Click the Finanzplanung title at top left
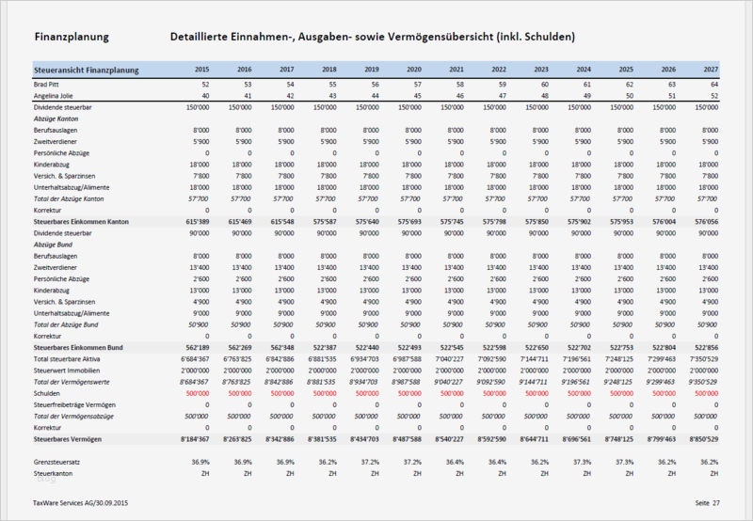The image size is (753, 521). pyautogui.click(x=70, y=37)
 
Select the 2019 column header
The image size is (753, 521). pyautogui.click(x=372, y=70)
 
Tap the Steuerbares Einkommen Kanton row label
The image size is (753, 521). pyautogui.click(x=80, y=219)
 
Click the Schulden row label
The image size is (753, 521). pyautogui.click(x=46, y=394)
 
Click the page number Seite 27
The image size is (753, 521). pyautogui.click(x=707, y=504)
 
